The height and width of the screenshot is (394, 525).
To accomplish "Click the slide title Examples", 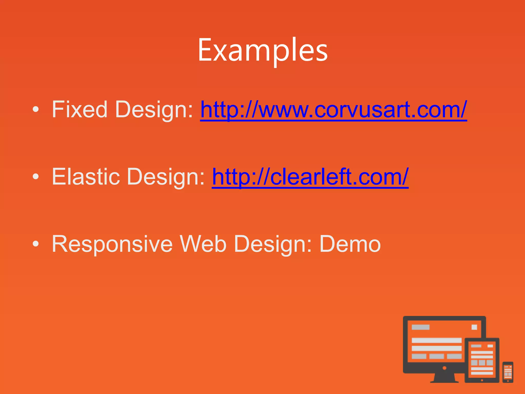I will click(262, 50).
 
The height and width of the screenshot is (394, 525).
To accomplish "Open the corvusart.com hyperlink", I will click(333, 110).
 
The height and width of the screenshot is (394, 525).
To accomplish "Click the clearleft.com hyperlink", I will click(310, 177).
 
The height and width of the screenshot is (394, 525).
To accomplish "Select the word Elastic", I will click(86, 177).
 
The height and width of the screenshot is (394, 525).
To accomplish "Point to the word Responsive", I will click(112, 244).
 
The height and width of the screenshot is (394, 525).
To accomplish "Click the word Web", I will click(203, 244).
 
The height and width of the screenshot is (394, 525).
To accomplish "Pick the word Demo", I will click(350, 244).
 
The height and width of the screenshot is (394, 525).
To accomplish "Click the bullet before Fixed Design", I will click(36, 110).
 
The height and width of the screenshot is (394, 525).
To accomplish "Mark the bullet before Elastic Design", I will click(36, 177).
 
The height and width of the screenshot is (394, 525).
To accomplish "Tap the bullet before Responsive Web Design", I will click(36, 244).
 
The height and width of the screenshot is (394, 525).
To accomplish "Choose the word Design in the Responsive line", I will click(273, 244).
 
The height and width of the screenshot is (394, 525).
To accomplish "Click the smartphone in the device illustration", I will click(508, 372).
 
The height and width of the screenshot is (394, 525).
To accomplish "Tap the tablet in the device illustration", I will click(482, 360).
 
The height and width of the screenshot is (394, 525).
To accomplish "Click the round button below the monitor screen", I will click(445, 368).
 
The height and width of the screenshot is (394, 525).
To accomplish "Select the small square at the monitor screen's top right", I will click(474, 327).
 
